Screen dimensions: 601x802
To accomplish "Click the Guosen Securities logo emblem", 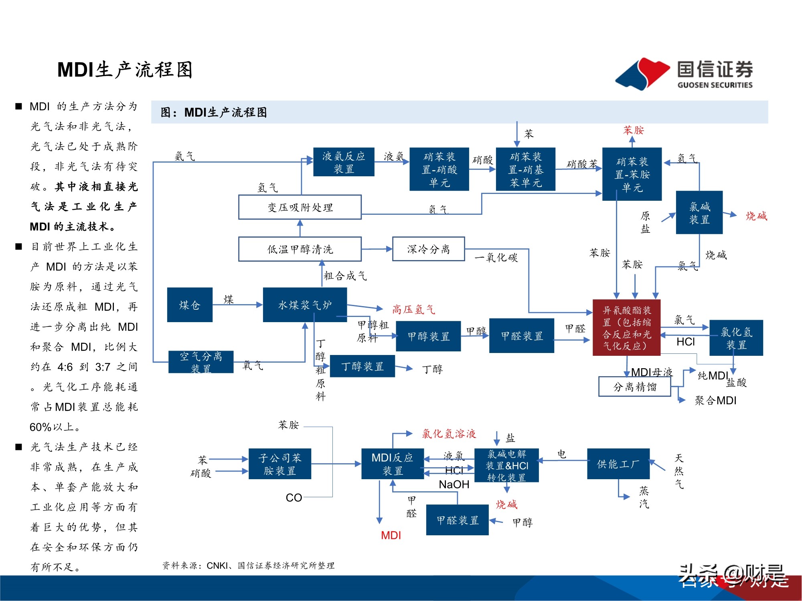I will click(642, 74).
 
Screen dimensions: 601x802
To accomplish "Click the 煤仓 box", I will click(190, 305).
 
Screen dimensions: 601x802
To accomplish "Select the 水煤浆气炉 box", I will click(305, 305).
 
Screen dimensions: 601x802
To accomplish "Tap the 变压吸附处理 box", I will click(300, 207).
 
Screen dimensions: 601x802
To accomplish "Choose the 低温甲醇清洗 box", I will click(300, 249).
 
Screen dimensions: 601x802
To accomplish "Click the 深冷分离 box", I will click(428, 249).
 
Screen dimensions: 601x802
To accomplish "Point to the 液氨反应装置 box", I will click(344, 162).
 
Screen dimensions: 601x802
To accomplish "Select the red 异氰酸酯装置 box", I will click(626, 328).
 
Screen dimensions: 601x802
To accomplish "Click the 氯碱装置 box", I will click(699, 212).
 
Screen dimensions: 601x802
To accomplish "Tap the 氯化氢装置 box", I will click(736, 338).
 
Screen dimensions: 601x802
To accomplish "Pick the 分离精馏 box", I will click(634, 387).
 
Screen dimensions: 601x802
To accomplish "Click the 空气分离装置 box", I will click(200, 362).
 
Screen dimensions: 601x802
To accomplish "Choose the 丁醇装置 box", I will click(362, 366).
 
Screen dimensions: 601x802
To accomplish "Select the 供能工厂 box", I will click(618, 464).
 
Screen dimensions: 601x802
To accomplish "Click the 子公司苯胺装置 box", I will click(279, 464).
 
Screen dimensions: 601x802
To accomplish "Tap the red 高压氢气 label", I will click(413, 309).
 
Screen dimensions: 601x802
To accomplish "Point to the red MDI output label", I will click(391, 535).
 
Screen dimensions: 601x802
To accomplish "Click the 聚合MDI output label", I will click(715, 400).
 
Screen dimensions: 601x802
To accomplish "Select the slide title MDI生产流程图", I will click(125, 70).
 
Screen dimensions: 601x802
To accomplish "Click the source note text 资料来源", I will click(248, 565).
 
